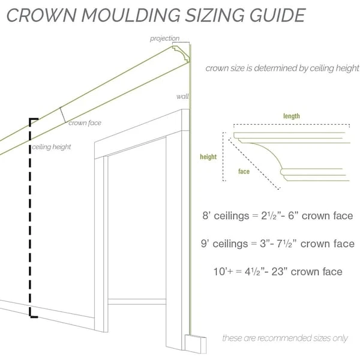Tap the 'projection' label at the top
coord(164,38)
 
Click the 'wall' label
coord(182,96)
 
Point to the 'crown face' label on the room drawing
coord(85,123)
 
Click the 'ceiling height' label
coord(52,146)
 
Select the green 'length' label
coord(292,116)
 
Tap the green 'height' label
coord(208,157)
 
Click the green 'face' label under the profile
coord(244,172)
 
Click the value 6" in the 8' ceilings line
coord(289,216)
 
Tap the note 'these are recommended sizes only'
coord(284,338)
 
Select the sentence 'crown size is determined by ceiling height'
coord(282,68)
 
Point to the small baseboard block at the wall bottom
coord(194,344)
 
